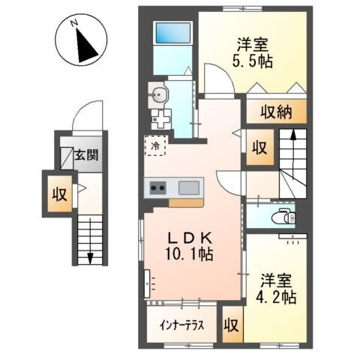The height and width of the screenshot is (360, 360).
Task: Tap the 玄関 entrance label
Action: (88, 157)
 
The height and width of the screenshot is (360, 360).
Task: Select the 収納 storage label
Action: (277, 113)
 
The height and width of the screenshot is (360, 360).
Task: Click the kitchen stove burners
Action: (159, 187)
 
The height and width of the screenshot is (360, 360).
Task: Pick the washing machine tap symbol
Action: (159, 118)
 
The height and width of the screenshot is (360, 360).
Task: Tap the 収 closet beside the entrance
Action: (58, 196)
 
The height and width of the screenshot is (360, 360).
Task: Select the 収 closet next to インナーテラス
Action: (232, 327)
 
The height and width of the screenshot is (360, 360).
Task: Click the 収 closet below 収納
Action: (259, 147)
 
